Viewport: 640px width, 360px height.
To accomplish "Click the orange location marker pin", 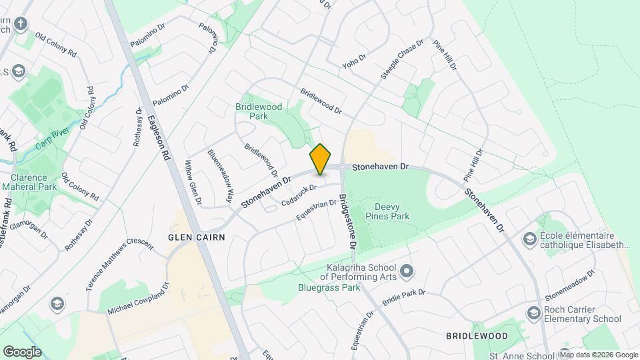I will pos(320,159).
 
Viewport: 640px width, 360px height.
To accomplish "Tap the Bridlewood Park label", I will pos(259,111).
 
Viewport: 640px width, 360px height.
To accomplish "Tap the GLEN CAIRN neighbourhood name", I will pos(197,237).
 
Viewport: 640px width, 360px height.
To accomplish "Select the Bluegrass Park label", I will pos(329,287).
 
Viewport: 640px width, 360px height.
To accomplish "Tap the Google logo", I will pos(22,351).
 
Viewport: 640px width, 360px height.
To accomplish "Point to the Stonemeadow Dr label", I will pos(569,285).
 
